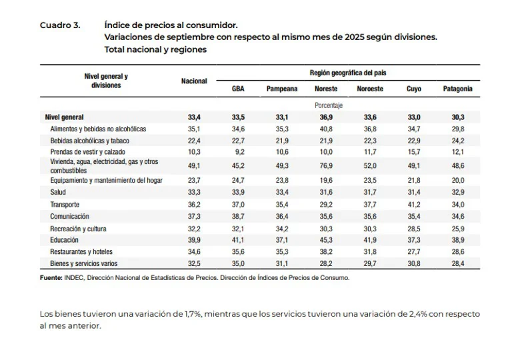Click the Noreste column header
[326, 89]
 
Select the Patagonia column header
[457, 89]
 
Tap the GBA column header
[238, 89]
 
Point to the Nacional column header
[194, 81]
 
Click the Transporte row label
[65, 205]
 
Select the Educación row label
[64, 240]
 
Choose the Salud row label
[58, 192]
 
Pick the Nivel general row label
[64, 117]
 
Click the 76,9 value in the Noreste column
[326, 166]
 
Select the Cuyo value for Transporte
[414, 205]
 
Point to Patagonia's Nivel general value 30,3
[458, 117]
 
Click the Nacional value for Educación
[194, 240]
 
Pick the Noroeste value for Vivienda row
[370, 166]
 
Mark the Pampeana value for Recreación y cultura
[282, 229]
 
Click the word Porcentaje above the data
[329, 105]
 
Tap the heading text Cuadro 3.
[60, 25]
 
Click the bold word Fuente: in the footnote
[51, 278]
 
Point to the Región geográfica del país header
[348, 73]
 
